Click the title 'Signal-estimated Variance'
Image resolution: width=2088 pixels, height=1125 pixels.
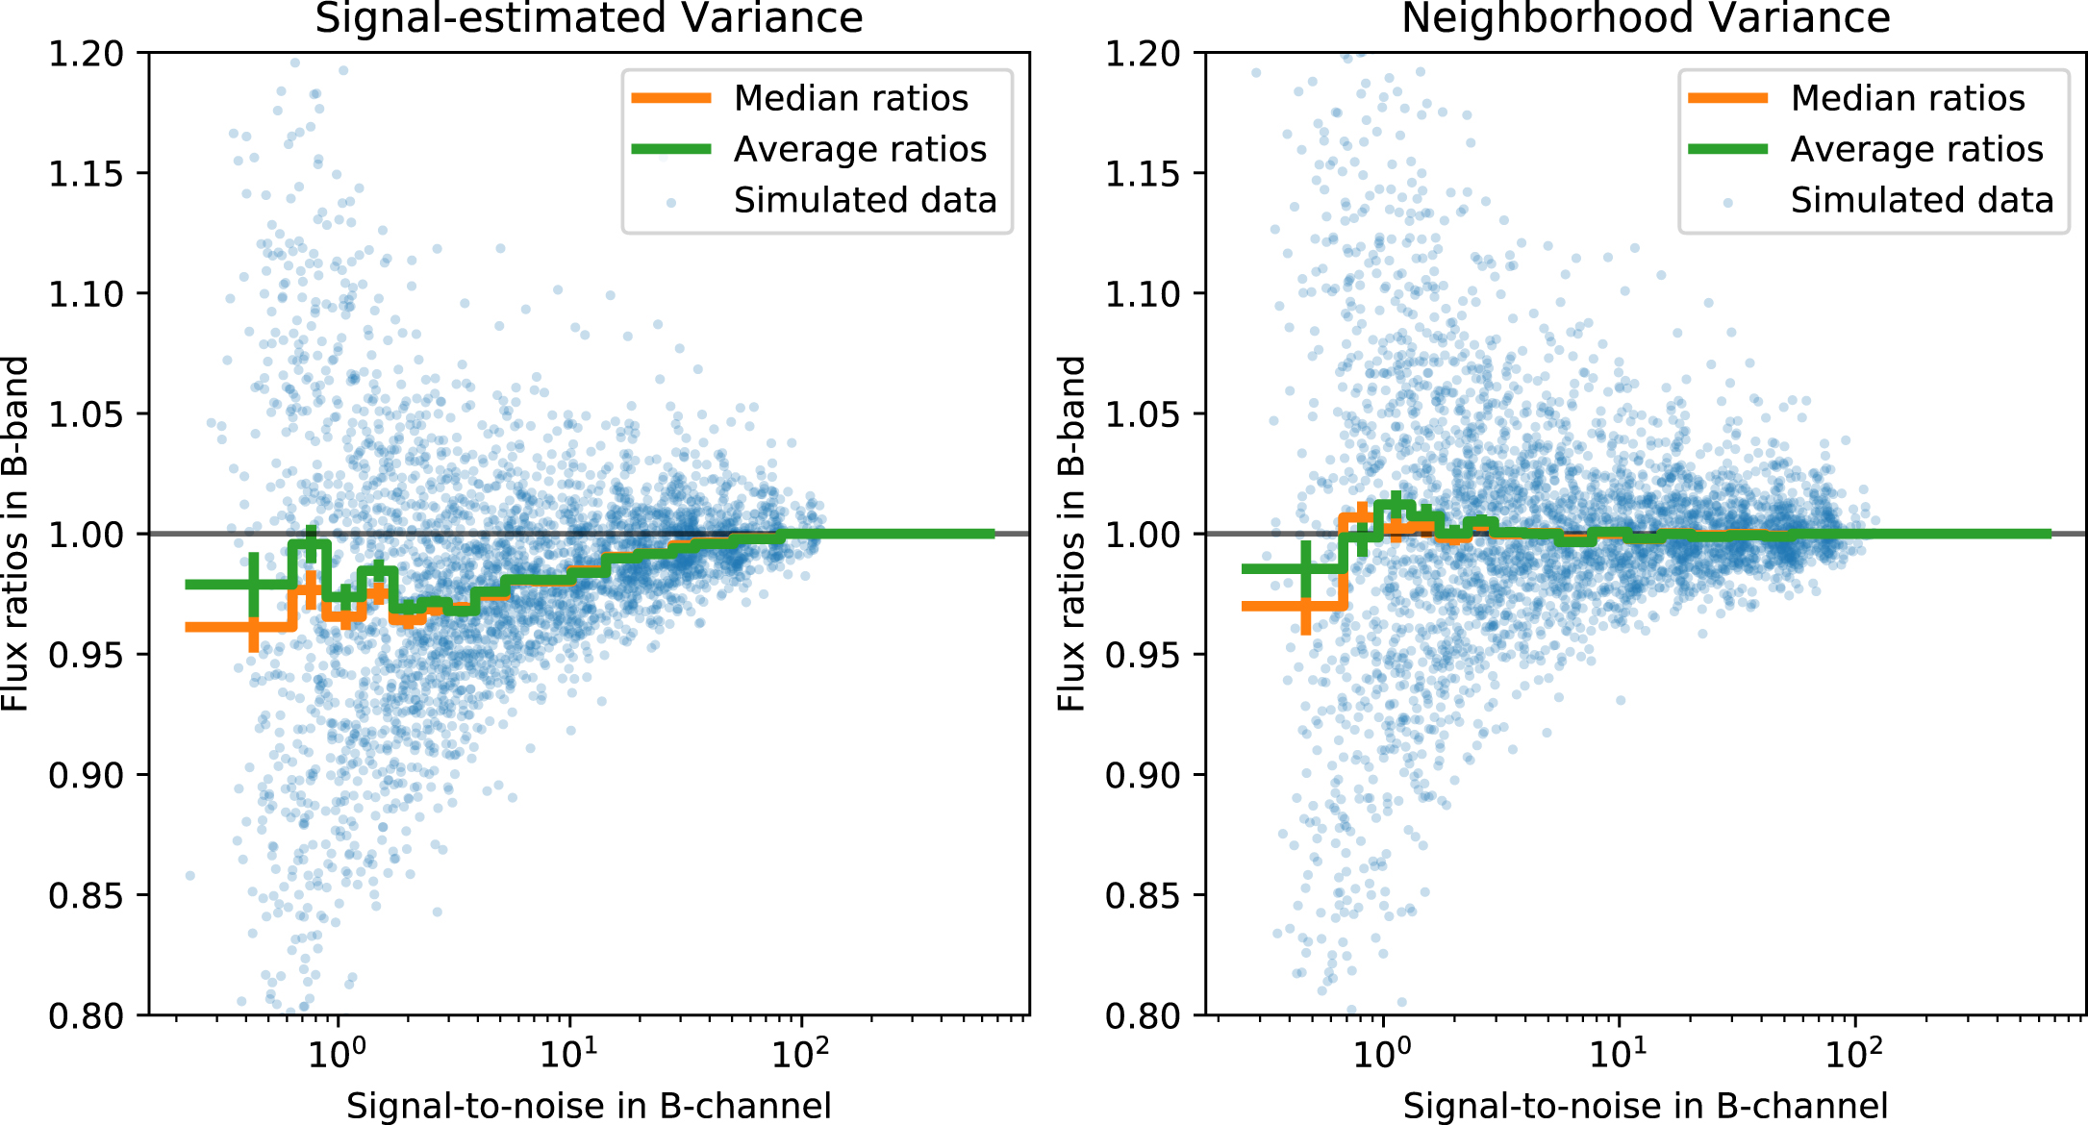(589, 19)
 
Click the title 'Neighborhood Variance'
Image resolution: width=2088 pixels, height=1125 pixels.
(1646, 19)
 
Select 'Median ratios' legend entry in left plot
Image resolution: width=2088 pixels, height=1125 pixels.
(850, 98)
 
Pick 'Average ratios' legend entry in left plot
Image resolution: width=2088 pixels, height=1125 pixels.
(860, 149)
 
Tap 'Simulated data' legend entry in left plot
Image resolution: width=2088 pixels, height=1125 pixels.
(865, 200)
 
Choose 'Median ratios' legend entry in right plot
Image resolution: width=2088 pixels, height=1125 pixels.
(1907, 98)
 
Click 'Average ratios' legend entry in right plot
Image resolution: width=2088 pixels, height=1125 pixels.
(1917, 149)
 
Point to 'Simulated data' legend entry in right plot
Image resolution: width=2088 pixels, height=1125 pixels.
(1922, 200)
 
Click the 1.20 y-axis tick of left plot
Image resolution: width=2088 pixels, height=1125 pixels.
(87, 54)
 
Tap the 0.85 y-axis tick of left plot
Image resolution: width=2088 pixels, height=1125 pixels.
(87, 895)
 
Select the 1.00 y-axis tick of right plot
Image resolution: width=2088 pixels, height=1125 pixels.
(1144, 535)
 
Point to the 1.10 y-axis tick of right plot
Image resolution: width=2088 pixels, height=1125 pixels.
(1144, 294)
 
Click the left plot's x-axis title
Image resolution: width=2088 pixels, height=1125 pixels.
(589, 1106)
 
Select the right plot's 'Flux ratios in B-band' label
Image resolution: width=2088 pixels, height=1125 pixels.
(1071, 534)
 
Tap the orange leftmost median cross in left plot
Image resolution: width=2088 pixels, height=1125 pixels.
(253, 628)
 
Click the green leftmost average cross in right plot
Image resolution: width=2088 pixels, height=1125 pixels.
(1305, 569)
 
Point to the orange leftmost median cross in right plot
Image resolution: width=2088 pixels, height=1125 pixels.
(1305, 607)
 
